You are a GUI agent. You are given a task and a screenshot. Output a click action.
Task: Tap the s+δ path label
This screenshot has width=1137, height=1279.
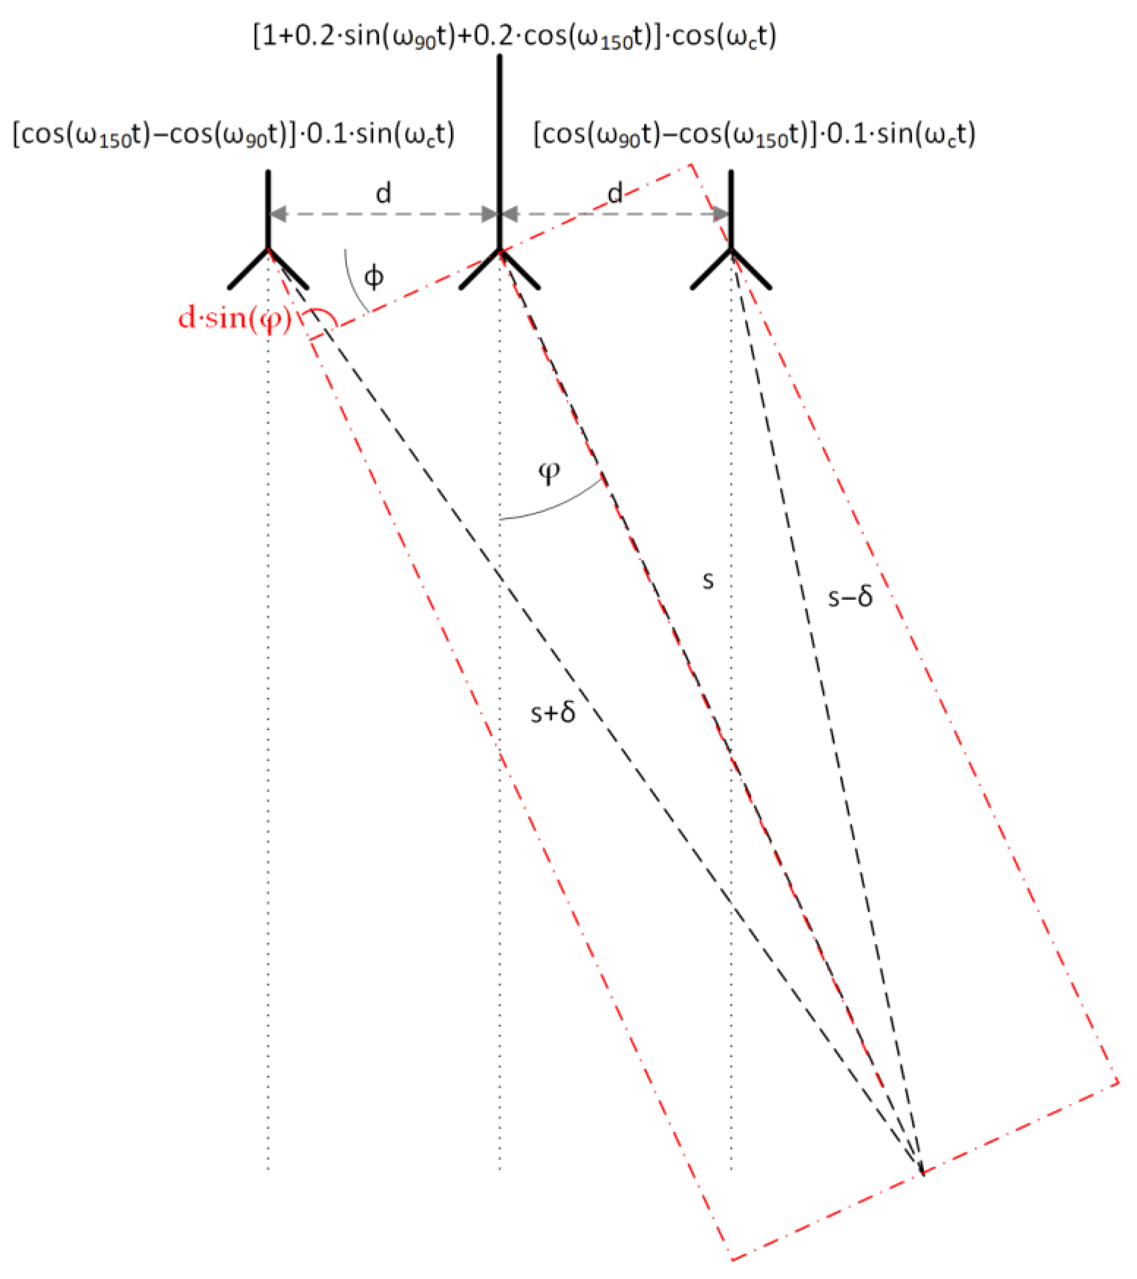(553, 713)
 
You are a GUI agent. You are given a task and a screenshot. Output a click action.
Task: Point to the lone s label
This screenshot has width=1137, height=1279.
(708, 581)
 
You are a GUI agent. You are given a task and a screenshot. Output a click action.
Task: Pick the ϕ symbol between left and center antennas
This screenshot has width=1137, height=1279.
(374, 276)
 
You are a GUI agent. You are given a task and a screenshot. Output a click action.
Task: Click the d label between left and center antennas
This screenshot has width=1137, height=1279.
(384, 193)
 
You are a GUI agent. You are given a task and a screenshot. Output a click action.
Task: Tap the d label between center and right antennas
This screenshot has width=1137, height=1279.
(615, 193)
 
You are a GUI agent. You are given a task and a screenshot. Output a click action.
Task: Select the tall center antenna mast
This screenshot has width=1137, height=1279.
(500, 156)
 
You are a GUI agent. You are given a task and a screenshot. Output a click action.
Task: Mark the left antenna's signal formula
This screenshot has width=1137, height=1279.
(233, 134)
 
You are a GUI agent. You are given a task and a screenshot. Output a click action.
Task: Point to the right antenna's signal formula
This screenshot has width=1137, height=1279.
(754, 134)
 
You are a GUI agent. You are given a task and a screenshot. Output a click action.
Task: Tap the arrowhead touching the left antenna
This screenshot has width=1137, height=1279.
(277, 214)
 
